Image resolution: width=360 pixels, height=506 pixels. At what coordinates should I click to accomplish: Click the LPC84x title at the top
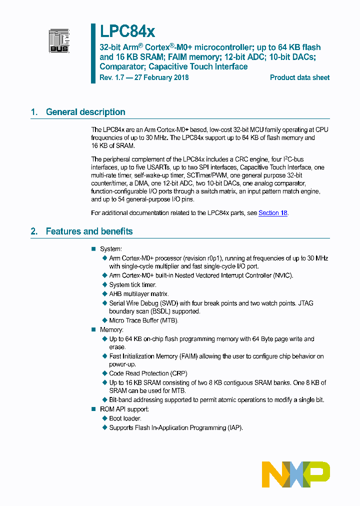point(127,31)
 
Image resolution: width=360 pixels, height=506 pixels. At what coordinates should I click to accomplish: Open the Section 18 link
point(272,213)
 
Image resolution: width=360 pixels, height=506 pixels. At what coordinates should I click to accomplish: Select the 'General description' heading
point(85,112)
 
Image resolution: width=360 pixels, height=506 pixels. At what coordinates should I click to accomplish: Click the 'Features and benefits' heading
point(89,231)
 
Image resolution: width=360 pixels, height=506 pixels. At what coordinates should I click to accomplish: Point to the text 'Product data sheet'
point(299,77)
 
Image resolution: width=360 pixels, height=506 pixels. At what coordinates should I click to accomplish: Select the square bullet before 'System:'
point(93,249)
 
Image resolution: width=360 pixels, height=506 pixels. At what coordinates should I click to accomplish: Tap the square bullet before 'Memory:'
point(93,330)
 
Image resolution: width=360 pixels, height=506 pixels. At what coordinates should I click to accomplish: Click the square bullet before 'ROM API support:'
point(93,409)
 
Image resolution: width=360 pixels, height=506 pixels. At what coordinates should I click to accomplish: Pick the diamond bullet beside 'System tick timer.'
point(104,285)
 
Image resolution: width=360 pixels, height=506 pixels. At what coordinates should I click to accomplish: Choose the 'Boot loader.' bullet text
point(125,418)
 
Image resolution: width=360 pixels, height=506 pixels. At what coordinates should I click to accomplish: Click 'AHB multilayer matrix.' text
point(139,294)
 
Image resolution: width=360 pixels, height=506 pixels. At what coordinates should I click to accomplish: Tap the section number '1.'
point(34,112)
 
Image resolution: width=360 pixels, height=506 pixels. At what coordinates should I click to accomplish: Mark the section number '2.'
point(34,231)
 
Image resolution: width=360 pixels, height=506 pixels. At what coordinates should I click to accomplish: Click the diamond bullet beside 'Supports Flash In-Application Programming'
point(104,428)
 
